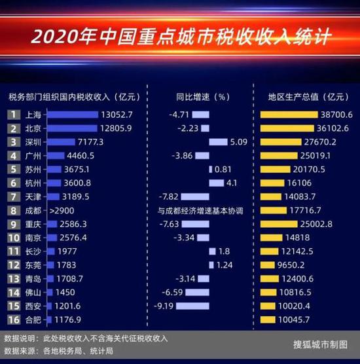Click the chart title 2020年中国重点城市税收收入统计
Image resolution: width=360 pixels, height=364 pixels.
[x=180, y=33]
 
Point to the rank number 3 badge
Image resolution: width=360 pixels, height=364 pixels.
[x=12, y=141]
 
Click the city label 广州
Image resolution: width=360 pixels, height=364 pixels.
[x=33, y=156]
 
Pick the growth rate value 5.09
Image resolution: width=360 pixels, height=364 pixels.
[x=240, y=141]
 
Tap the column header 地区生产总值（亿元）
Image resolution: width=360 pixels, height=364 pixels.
[x=300, y=97]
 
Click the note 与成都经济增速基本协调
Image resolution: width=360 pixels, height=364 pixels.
[x=200, y=211]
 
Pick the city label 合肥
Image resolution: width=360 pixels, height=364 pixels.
[x=33, y=319]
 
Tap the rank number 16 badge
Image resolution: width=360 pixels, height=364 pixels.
[x=12, y=319]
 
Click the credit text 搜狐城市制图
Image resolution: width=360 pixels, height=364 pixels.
[x=320, y=345]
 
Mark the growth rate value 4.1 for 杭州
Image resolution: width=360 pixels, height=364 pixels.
[x=231, y=183]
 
